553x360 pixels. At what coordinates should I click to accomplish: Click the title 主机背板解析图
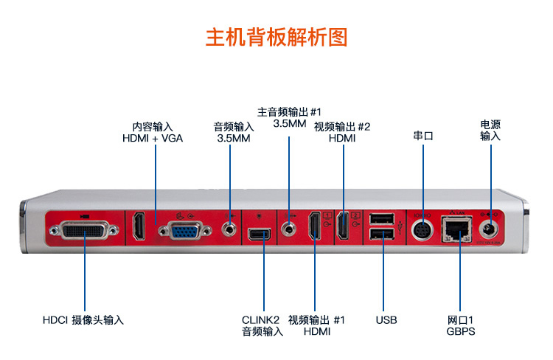tap(276, 38)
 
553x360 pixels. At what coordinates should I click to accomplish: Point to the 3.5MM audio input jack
tap(231, 228)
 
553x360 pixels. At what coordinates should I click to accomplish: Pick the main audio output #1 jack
tap(289, 228)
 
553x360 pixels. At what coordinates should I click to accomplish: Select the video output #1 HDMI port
tap(315, 227)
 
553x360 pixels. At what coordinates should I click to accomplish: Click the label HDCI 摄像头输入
tap(83, 320)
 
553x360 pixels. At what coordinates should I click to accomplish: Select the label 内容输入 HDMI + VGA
tap(153, 132)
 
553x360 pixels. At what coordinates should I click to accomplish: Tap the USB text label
tap(386, 320)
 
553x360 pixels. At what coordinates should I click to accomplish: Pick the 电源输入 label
tap(490, 130)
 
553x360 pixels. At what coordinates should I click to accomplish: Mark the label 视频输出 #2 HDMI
tap(342, 132)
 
